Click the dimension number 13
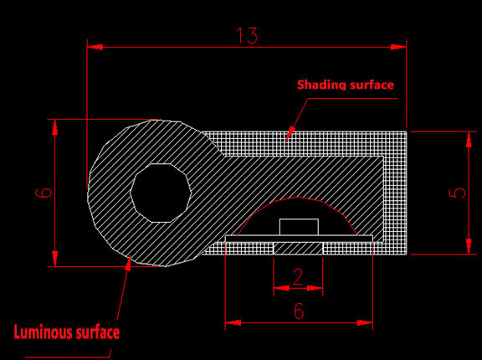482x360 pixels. click(x=247, y=36)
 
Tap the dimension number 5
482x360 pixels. click(x=458, y=193)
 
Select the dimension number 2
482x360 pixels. click(x=298, y=276)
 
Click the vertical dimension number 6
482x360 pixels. click(x=44, y=193)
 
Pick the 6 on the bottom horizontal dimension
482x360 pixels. click(x=299, y=311)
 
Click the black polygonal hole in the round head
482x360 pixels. click(x=161, y=193)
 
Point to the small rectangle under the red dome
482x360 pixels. click(x=299, y=227)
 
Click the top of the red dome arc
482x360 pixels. click(x=298, y=197)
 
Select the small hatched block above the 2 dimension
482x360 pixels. click(x=298, y=248)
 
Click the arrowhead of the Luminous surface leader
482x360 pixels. click(x=129, y=263)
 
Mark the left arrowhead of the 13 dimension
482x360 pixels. click(x=95, y=47)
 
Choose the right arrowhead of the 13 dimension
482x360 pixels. click(x=398, y=47)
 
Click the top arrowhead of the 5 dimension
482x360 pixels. click(x=469, y=140)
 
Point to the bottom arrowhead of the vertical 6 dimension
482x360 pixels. click(x=54, y=259)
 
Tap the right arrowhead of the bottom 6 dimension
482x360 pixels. click(x=365, y=323)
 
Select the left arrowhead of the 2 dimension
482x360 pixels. click(x=281, y=288)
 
